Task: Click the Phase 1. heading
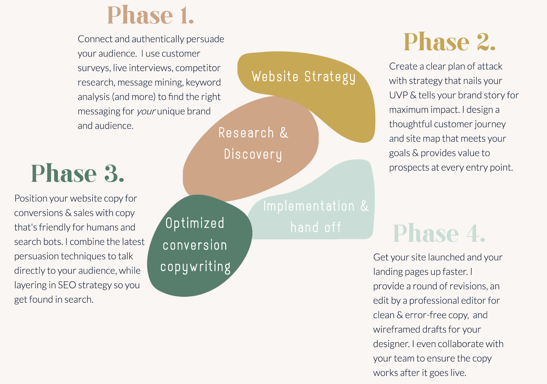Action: pyautogui.click(x=150, y=15)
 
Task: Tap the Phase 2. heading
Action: pyautogui.click(x=449, y=42)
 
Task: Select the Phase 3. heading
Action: pyautogui.click(x=77, y=173)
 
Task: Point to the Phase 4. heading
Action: pyautogui.click(x=439, y=233)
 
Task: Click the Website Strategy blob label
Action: pyautogui.click(x=304, y=77)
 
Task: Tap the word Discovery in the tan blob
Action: pyautogui.click(x=253, y=154)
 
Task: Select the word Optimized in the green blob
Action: pyautogui.click(x=195, y=223)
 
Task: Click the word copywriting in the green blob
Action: pyautogui.click(x=195, y=266)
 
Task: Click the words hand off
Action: pyautogui.click(x=316, y=227)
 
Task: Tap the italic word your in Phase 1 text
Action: pyautogui.click(x=146, y=111)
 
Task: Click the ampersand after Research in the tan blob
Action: pyautogui.click(x=284, y=133)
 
